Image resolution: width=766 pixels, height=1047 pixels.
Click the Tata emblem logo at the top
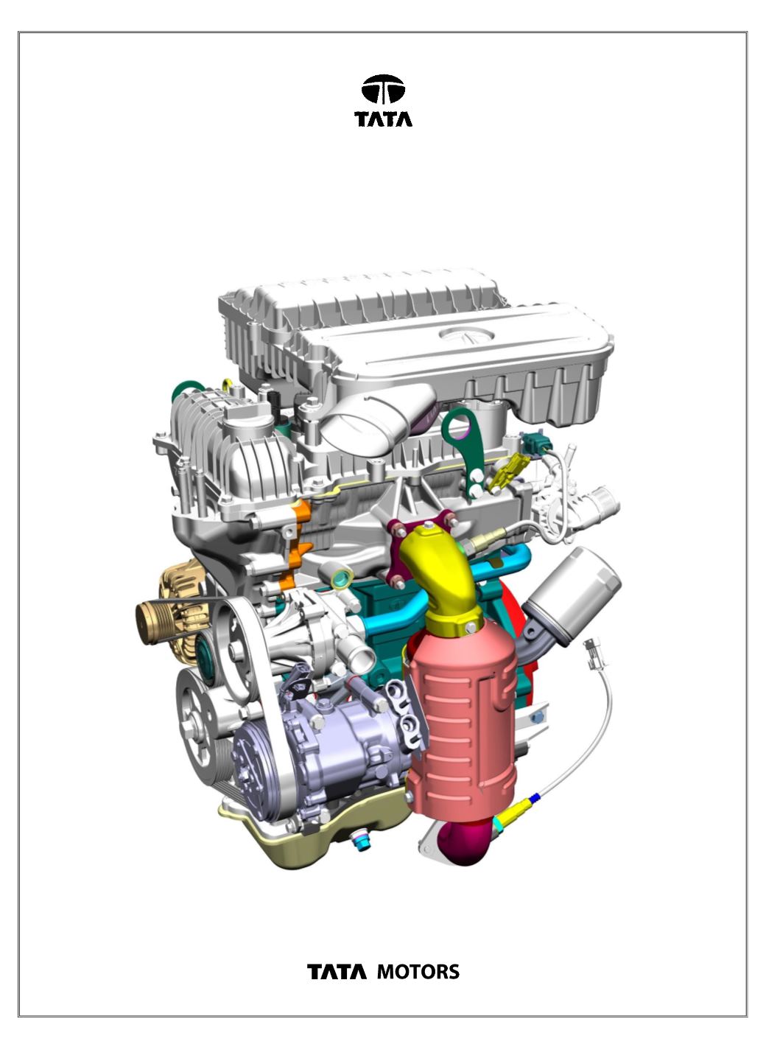tap(383, 89)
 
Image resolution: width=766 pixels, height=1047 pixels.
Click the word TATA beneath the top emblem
tap(383, 119)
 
